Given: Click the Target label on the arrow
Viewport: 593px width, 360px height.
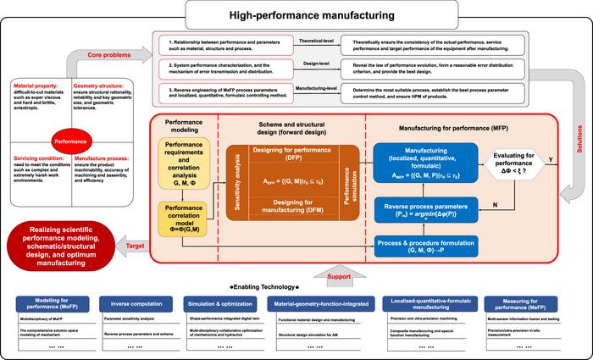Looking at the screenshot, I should point(134,245).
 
